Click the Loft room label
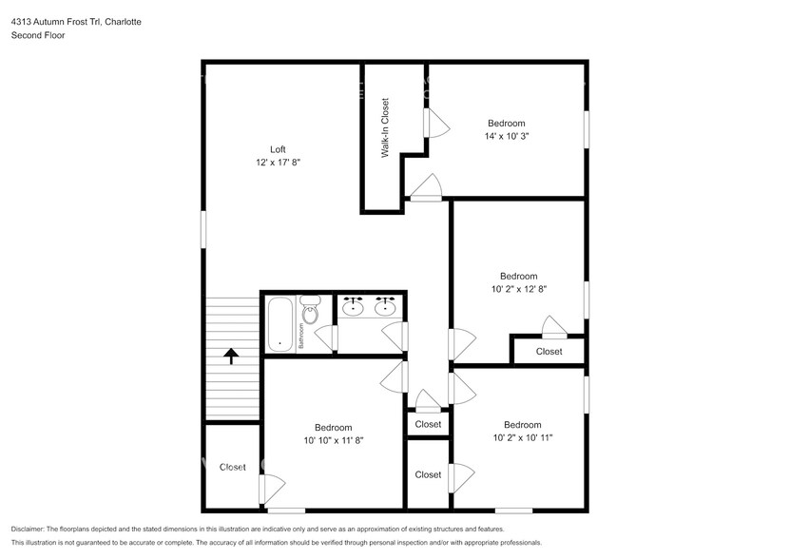click(x=278, y=149)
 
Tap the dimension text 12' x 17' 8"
click(x=278, y=163)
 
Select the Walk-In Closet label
click(x=385, y=127)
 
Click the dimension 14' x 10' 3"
click(x=506, y=136)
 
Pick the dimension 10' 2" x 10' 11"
click(x=522, y=438)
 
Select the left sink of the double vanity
click(x=354, y=306)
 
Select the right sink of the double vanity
click(x=385, y=306)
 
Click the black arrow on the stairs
click(x=230, y=356)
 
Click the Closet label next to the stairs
click(x=232, y=467)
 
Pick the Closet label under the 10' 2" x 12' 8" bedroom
click(x=549, y=351)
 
